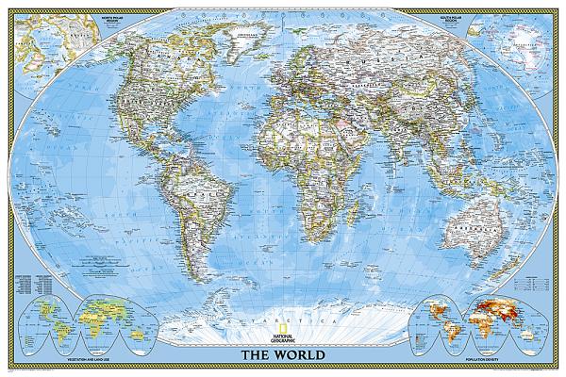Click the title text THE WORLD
[x=283, y=355]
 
